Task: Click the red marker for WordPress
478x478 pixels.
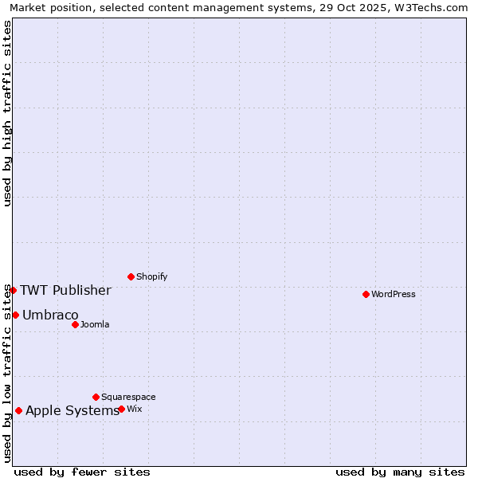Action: click(x=366, y=294)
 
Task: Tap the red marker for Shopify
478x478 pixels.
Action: click(x=131, y=276)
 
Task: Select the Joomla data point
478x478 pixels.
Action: click(x=75, y=324)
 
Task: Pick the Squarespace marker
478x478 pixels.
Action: click(x=96, y=397)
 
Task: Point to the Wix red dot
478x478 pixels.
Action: click(x=121, y=409)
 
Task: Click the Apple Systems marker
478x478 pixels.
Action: click(x=18, y=410)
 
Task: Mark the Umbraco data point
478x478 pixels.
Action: click(x=15, y=315)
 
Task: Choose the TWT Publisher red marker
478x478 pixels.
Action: click(x=13, y=290)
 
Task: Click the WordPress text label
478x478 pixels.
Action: click(x=394, y=294)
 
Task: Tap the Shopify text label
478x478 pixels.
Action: click(x=152, y=276)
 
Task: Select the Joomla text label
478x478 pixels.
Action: click(x=95, y=324)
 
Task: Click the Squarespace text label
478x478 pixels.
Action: click(x=128, y=397)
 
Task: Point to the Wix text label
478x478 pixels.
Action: click(x=135, y=409)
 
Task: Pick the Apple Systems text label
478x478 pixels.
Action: click(x=72, y=410)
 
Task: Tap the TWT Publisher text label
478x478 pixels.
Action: click(x=65, y=290)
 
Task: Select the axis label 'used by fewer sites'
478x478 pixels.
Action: click(x=82, y=472)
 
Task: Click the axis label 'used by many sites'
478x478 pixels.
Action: click(x=400, y=472)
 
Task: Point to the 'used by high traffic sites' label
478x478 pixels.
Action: click(x=7, y=113)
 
